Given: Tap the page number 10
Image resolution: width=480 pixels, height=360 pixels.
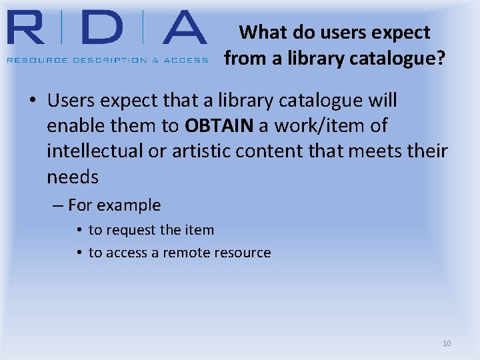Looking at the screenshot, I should pos(447,343).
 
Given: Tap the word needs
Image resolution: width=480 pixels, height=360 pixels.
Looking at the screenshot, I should pos(73,177).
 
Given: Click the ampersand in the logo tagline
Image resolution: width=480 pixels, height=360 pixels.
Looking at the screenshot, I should pos(155,60).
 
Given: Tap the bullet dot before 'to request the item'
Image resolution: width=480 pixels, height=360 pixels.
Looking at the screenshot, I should pos(79,231).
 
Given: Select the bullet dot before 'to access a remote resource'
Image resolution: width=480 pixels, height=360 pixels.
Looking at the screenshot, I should pos(79,253).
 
